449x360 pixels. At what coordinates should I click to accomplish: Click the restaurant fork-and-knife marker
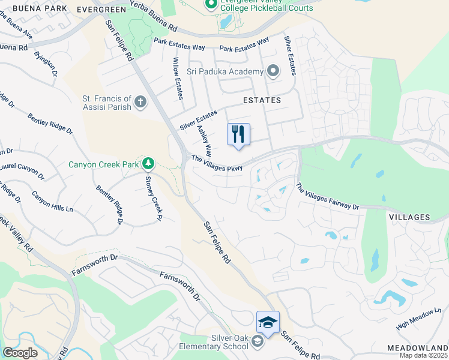tap(238, 134)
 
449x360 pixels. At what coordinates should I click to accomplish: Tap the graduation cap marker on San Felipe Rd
tap(268, 323)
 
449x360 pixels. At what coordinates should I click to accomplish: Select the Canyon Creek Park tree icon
tap(148, 163)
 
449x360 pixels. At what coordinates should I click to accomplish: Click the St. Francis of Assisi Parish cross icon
tap(140, 102)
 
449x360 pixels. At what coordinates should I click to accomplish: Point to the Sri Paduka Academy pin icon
tap(273, 72)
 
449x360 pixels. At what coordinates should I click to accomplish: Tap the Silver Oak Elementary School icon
tap(257, 342)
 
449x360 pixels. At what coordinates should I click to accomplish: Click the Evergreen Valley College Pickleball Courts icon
tap(211, 5)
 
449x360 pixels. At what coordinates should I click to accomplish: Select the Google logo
tap(20, 353)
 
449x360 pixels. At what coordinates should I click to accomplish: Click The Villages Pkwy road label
tap(217, 164)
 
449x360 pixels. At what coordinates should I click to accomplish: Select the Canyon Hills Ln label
tap(52, 201)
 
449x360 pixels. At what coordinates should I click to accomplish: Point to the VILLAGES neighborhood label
tap(409, 217)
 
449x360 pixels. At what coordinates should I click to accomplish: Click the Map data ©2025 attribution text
tap(424, 356)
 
